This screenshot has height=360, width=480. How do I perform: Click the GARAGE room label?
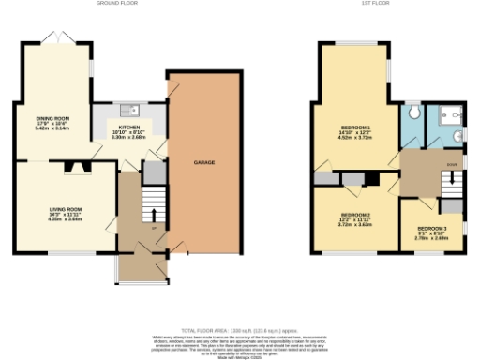[x=204, y=162]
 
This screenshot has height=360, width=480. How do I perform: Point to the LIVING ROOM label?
[x=67, y=209]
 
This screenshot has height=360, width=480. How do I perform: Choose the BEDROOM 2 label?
[x=355, y=215]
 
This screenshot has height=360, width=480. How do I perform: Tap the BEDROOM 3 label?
[x=431, y=229]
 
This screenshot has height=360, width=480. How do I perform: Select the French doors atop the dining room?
[x=61, y=39]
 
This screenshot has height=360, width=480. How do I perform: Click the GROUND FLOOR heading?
[x=117, y=4]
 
